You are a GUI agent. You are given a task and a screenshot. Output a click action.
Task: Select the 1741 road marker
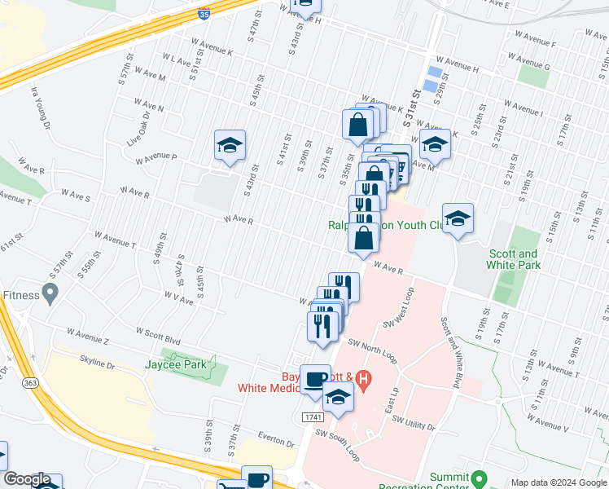pyautogui.click(x=312, y=416)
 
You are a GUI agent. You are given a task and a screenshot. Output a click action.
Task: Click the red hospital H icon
pyautogui.click(x=364, y=379)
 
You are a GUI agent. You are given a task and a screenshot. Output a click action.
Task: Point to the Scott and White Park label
pyautogui.click(x=513, y=259)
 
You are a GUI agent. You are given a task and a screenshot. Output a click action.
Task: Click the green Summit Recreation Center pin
pyautogui.click(x=480, y=478)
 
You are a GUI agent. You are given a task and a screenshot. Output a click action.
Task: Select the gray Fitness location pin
pyautogui.click(x=51, y=292)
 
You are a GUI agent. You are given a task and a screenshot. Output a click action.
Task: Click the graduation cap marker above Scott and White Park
pyautogui.click(x=458, y=218)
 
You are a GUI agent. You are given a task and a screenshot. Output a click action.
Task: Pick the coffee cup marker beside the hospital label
pyautogui.click(x=315, y=380)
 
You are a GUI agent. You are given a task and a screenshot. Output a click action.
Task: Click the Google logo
pyautogui.click(x=27, y=479)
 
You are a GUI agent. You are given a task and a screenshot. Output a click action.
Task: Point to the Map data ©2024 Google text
pyautogui.click(x=559, y=482)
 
